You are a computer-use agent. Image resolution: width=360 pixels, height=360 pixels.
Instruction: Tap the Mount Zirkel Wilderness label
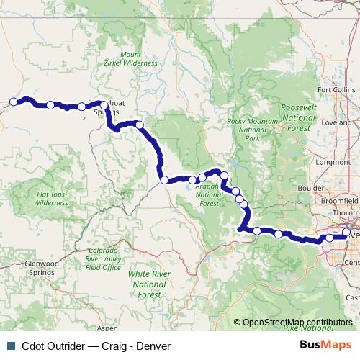click(139, 58)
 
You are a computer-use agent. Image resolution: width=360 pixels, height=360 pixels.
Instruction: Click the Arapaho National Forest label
click(210, 194)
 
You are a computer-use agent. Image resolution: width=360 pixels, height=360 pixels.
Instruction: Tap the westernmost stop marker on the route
click(13, 102)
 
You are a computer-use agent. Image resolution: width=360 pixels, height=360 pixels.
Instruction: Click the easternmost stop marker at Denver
click(346, 233)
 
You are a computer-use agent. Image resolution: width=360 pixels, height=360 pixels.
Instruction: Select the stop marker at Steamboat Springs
click(104, 106)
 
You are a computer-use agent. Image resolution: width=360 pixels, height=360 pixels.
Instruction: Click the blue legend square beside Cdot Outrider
click(9, 345)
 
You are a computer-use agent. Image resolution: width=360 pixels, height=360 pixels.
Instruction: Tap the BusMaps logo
click(325, 344)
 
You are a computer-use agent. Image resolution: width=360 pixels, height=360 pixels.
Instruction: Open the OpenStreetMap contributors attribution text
click(297, 323)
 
